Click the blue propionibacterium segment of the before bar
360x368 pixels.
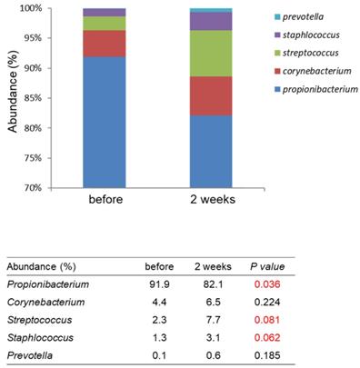click(105, 123)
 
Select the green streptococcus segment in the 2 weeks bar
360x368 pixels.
click(211, 54)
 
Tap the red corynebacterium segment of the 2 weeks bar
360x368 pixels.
click(211, 96)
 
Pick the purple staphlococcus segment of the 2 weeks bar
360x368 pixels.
click(211, 21)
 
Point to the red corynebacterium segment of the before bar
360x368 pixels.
click(105, 44)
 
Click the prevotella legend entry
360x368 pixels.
click(299, 16)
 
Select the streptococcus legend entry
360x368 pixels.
click(306, 53)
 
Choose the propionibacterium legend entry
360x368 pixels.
click(316, 90)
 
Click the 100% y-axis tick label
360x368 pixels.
click(30, 8)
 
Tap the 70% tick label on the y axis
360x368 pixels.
click(31, 188)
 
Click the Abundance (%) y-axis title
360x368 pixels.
click(13, 92)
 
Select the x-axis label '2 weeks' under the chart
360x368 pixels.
click(213, 199)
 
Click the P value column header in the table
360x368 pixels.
click(267, 266)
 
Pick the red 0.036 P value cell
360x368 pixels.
click(267, 284)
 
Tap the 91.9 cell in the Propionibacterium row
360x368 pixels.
click(159, 284)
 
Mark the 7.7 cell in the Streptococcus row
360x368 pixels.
click(213, 320)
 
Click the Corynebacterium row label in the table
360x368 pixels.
click(45, 303)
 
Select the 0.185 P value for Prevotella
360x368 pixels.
click(267, 355)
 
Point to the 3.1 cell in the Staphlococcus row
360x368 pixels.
click(213, 337)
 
